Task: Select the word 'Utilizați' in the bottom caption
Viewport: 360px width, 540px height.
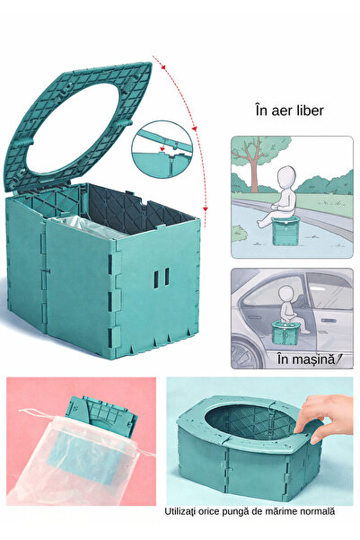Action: pos(179,512)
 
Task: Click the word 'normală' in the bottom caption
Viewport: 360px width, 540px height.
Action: pos(318,511)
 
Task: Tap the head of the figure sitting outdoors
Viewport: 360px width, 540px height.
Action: pos(286,178)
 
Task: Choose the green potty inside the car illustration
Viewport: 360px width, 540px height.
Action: pos(285,332)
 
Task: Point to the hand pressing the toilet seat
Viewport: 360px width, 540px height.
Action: pos(323,418)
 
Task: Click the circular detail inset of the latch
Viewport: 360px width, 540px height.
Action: pos(161,149)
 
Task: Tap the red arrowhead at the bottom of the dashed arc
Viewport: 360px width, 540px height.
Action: pos(205,209)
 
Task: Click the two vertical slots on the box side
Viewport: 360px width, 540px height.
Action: pos(161,278)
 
